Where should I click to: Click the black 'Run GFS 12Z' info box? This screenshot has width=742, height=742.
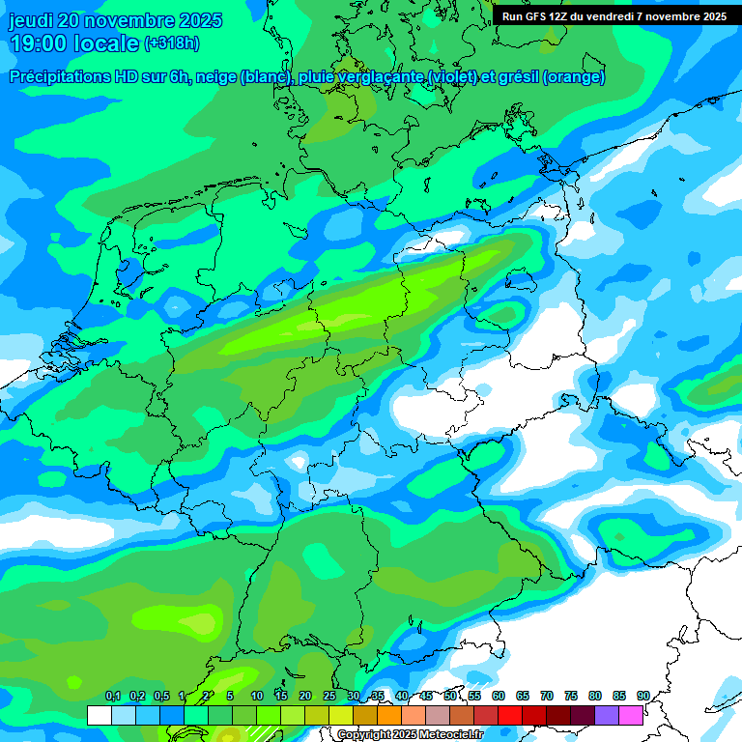tap(614, 15)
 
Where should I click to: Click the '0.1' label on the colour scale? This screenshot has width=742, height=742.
tap(112, 697)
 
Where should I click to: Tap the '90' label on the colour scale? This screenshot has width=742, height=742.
tap(642, 697)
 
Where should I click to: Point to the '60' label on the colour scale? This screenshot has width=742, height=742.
tap(499, 697)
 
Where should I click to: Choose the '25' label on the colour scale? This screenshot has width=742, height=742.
tap(329, 697)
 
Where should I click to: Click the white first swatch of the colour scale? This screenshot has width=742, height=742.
tap(99, 715)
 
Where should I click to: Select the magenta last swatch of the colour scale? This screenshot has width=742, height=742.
tap(631, 715)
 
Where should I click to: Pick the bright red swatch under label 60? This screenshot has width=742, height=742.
tap(509, 715)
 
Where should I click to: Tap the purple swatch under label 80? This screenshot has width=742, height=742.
tap(607, 715)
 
